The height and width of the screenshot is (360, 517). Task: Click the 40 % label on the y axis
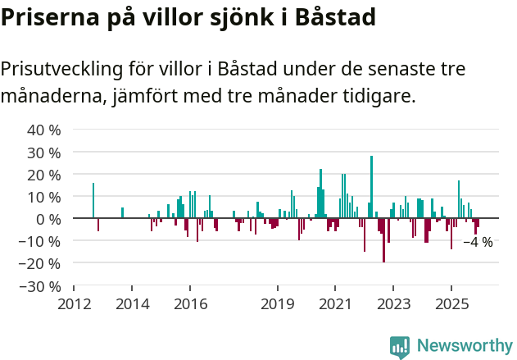click(x=44, y=130)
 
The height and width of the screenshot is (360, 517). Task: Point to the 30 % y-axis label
click(x=44, y=153)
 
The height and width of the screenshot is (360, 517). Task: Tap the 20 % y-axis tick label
click(x=44, y=175)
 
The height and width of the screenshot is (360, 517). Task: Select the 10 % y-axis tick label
click(x=44, y=197)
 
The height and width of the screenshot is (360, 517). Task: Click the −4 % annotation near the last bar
click(x=478, y=242)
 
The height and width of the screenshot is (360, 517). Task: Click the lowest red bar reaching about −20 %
click(x=383, y=240)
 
